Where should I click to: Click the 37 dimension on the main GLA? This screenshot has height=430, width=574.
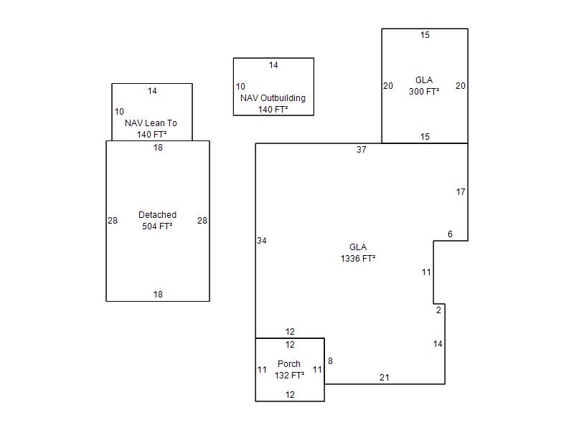click(x=362, y=150)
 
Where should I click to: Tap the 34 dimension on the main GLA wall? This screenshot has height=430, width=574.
click(x=262, y=241)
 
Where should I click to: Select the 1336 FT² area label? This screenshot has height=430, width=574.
click(x=358, y=259)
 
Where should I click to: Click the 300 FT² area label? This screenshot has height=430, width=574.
click(x=424, y=92)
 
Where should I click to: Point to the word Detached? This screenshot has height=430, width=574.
click(x=157, y=215)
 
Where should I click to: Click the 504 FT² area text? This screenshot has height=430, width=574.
click(x=157, y=226)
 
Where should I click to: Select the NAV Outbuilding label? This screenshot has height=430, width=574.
click(x=273, y=98)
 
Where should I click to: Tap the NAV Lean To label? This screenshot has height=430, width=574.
click(x=151, y=123)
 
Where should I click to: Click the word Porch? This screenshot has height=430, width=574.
click(x=289, y=364)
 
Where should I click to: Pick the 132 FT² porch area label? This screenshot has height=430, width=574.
click(x=289, y=375)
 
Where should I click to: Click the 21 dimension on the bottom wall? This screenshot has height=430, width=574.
click(x=384, y=378)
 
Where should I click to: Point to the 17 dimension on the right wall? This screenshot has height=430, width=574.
click(x=461, y=192)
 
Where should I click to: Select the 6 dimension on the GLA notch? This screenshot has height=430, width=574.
click(x=450, y=234)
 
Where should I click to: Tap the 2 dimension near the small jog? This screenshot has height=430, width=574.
click(x=438, y=310)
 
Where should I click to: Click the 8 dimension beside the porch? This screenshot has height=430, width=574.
click(x=330, y=361)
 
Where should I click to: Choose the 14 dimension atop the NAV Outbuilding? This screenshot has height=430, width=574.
click(x=273, y=65)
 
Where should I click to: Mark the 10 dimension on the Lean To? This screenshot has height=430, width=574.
click(x=119, y=112)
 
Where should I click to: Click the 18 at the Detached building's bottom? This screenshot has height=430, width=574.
click(x=158, y=295)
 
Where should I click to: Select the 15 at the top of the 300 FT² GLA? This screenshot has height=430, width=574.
click(x=425, y=35)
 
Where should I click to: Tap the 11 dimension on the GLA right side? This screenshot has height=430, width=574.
click(x=426, y=272)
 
